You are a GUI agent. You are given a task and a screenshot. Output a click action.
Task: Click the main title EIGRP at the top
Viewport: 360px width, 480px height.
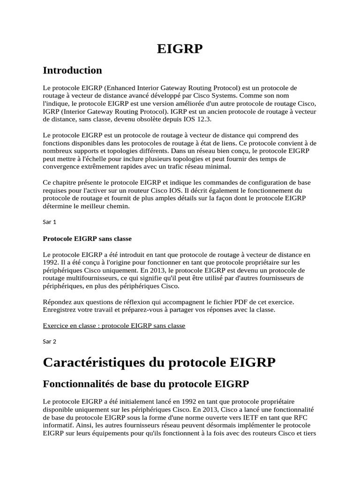[x=180, y=48]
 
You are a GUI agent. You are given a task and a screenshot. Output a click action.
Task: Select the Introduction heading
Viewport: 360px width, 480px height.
[x=72, y=70]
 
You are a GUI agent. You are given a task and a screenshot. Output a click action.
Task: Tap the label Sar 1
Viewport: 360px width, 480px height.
[x=49, y=222]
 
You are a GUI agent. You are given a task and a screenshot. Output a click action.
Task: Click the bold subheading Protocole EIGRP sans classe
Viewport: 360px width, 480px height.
[x=87, y=238]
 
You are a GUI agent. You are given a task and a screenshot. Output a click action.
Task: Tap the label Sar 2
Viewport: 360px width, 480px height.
[x=49, y=342]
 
